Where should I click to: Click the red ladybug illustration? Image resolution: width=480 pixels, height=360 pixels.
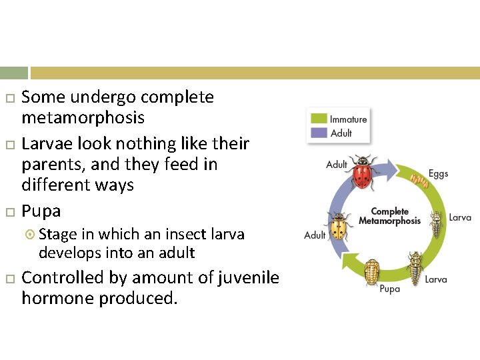(362, 175)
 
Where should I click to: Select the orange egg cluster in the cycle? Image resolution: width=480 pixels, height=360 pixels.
(419, 180)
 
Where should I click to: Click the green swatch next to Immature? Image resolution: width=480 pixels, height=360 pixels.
(319, 119)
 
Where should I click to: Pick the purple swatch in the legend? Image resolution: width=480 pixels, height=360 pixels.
(319, 132)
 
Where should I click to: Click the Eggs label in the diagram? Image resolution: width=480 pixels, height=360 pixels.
(438, 173)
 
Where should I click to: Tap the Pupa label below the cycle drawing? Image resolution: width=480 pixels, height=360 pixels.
(389, 289)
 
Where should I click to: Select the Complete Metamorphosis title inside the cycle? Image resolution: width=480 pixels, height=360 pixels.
(390, 216)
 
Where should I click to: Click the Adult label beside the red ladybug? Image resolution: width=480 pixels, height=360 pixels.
(337, 164)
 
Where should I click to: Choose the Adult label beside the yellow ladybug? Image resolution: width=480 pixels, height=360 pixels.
(315, 235)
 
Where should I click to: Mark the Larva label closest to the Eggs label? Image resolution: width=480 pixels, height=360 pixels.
(459, 217)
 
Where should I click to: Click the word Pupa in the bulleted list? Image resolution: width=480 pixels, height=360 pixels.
(41, 211)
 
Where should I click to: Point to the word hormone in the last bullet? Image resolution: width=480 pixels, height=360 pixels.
(58, 299)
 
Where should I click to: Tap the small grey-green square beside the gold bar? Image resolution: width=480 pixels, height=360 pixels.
(14, 73)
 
